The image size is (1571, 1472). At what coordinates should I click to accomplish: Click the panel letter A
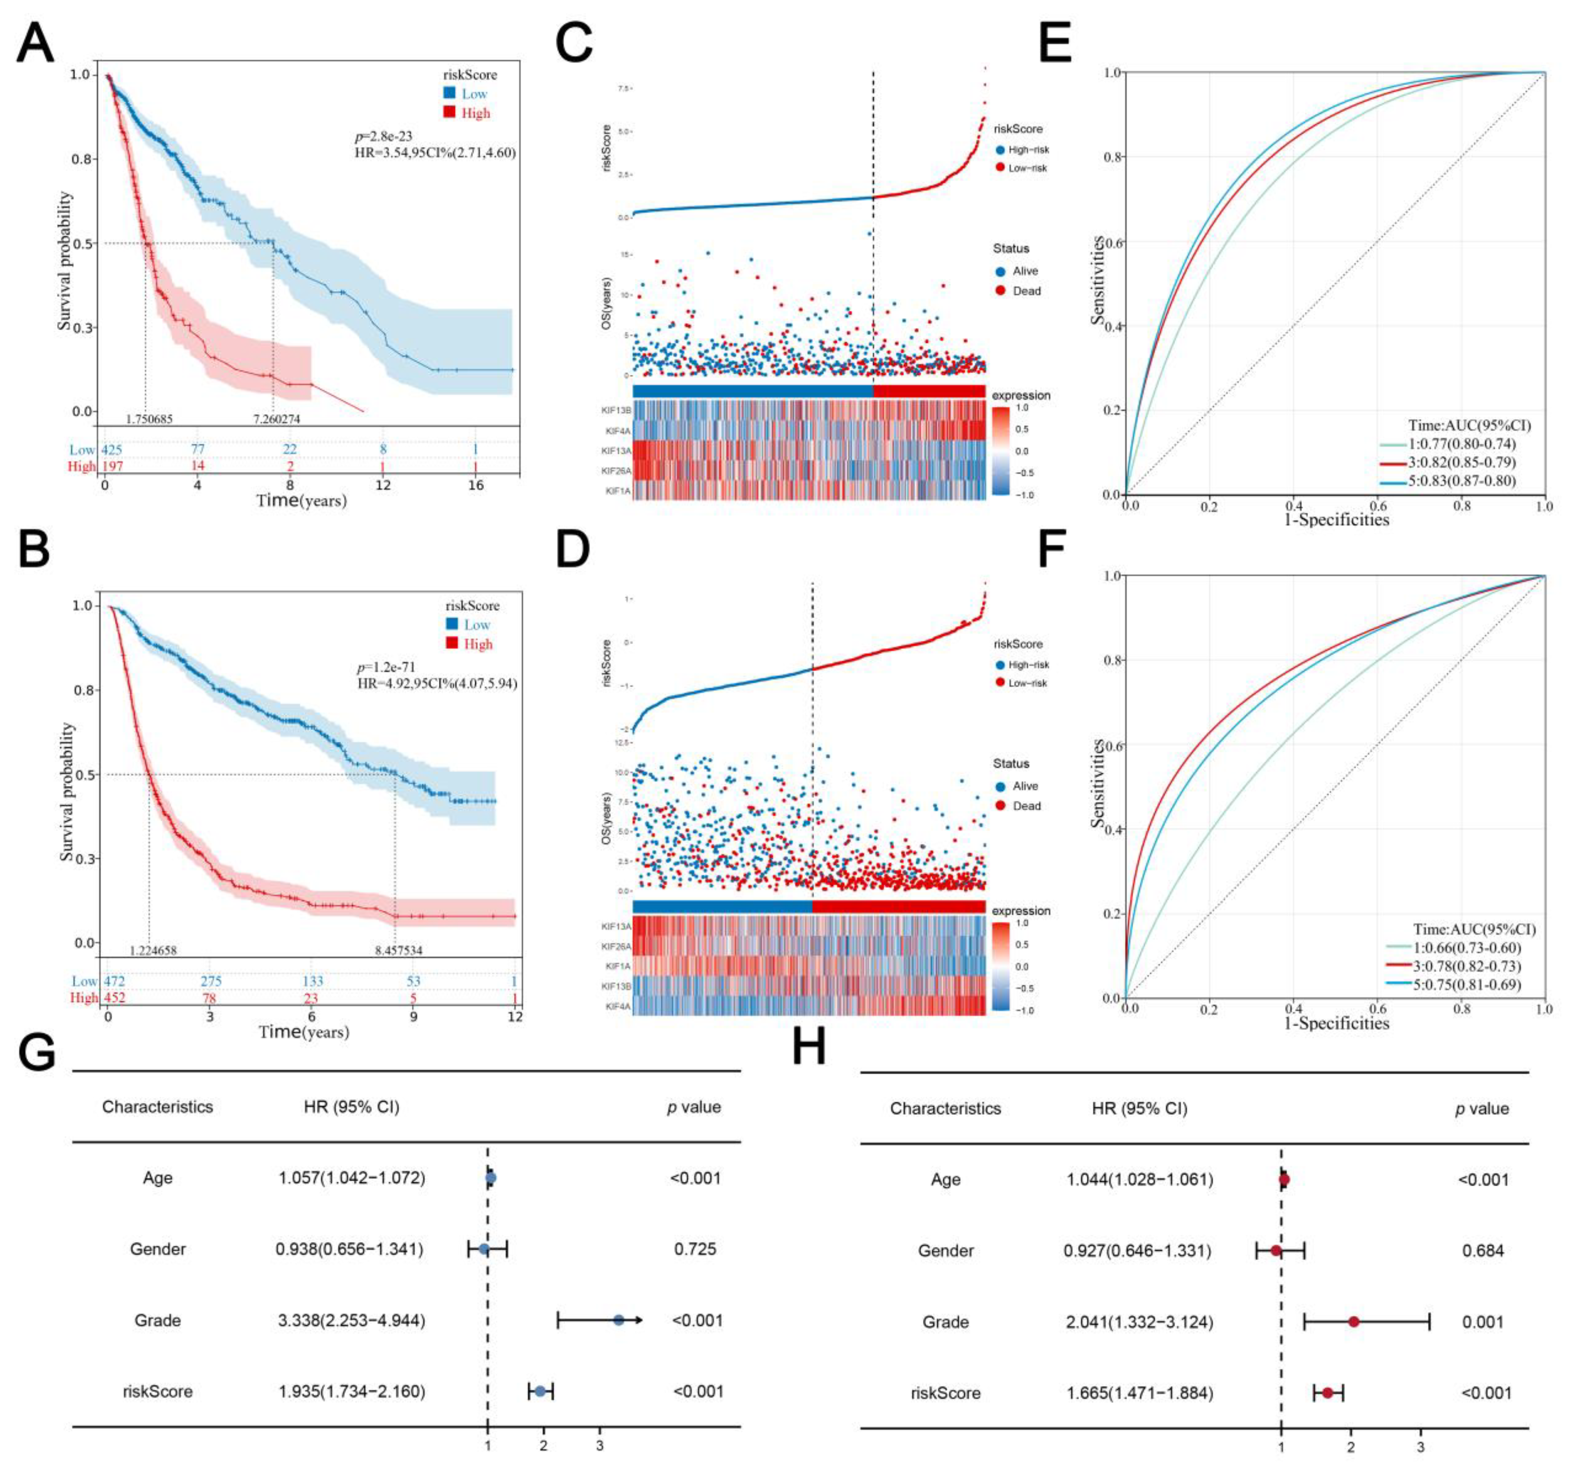point(36,43)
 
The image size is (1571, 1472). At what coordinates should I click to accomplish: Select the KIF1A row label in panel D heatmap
point(617,966)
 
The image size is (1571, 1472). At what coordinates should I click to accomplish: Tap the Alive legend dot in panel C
point(1000,271)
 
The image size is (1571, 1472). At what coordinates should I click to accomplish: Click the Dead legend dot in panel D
point(1000,806)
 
